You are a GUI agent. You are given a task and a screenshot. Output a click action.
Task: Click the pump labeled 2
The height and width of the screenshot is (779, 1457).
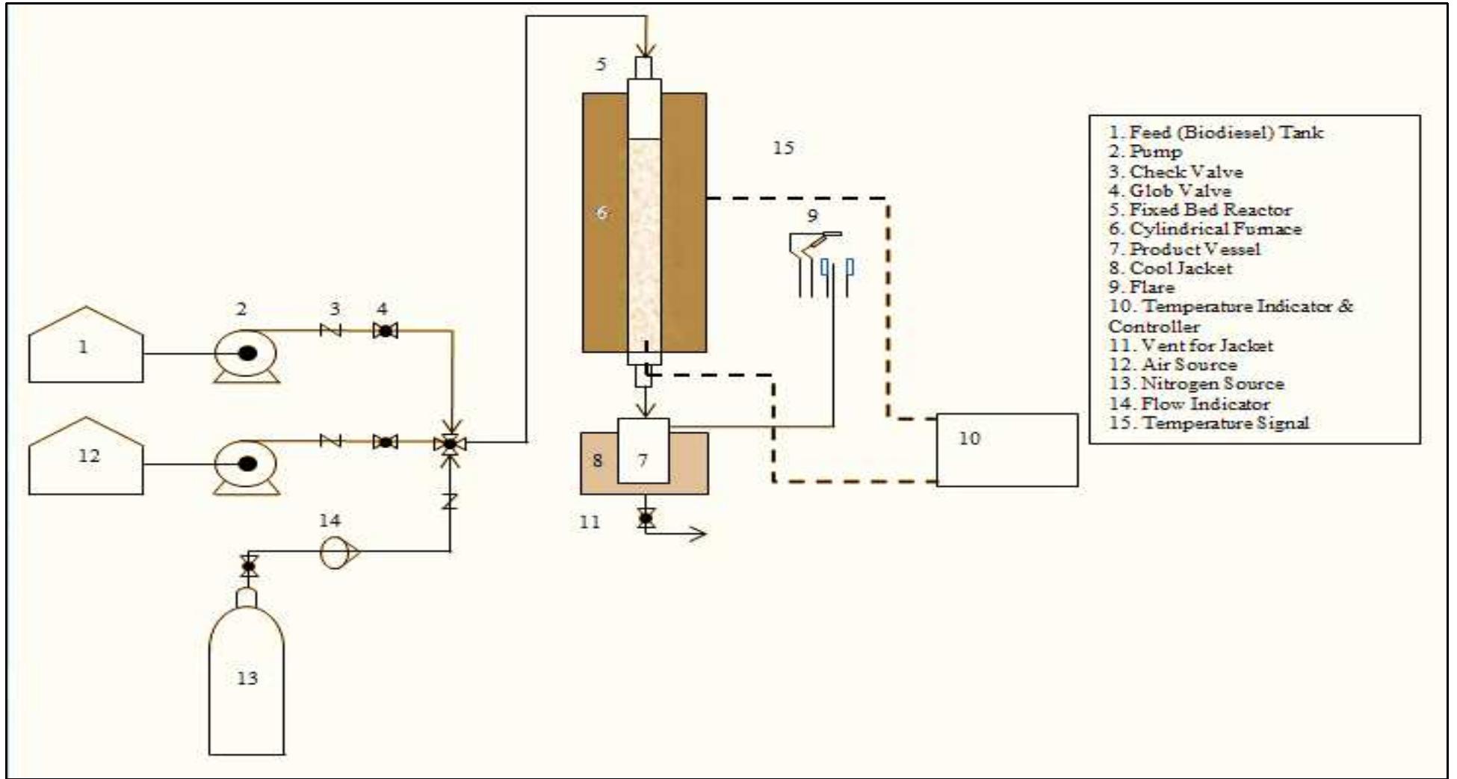click(246, 354)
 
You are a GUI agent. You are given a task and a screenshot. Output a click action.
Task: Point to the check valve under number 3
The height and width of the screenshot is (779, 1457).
click(330, 330)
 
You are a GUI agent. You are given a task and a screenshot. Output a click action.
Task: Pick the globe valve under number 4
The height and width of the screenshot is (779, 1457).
click(385, 330)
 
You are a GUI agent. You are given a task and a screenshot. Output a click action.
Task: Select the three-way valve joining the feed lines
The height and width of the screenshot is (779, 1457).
click(450, 443)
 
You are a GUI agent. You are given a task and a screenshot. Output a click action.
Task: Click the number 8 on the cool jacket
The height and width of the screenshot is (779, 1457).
click(597, 460)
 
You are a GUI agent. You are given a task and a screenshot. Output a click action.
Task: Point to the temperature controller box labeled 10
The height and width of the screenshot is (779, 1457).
click(1006, 450)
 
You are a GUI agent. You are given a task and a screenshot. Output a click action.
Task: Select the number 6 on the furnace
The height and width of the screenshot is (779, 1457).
click(601, 213)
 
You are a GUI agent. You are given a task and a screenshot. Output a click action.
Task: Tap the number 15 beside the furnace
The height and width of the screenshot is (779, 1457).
click(783, 148)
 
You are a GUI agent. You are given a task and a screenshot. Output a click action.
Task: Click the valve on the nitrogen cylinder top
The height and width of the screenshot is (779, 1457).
click(249, 566)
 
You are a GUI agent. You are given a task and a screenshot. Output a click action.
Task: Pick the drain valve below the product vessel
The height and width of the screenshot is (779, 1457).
click(646, 517)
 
